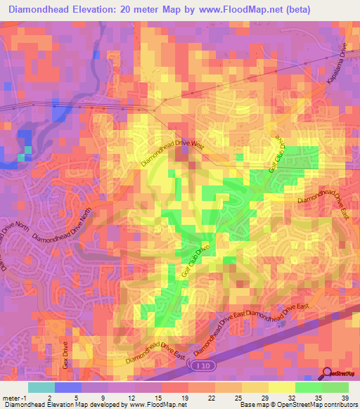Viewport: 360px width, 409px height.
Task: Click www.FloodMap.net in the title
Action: click(227, 10)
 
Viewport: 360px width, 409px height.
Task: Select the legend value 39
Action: click(347, 398)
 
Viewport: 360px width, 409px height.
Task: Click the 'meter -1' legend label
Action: click(14, 398)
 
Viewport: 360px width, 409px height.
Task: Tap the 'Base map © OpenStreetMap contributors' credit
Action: click(299, 405)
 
